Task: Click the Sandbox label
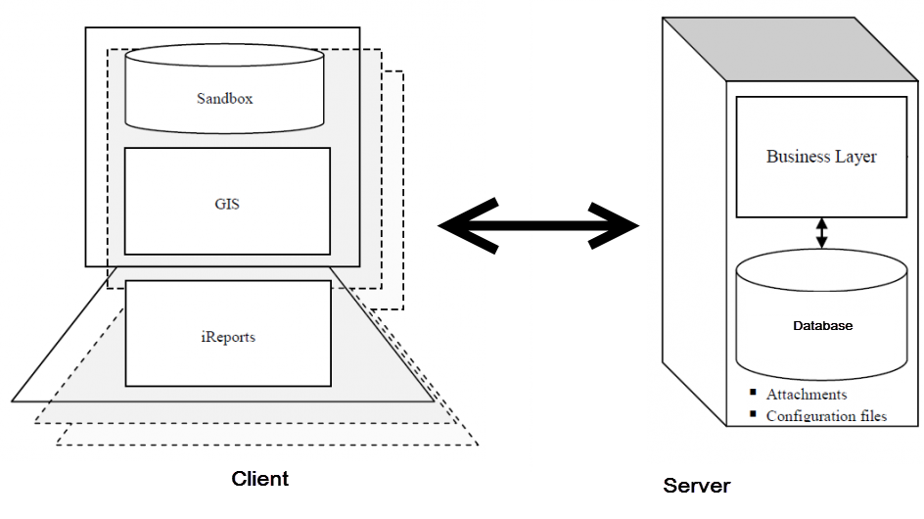coord(225,98)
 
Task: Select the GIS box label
coord(227,206)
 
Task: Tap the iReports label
coord(227,337)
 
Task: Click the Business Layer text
coord(821,157)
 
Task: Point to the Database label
coord(822,326)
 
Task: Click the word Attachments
coord(807,395)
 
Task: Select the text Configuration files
coord(826,416)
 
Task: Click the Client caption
coord(259,479)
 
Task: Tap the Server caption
coord(697,485)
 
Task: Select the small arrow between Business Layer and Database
coord(822,232)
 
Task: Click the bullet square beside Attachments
coord(753,394)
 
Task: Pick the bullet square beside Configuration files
coord(753,413)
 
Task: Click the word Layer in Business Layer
coord(856,157)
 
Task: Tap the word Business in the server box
coord(798,157)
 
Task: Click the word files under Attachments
coord(870,416)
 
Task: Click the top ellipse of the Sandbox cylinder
coord(225,59)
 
